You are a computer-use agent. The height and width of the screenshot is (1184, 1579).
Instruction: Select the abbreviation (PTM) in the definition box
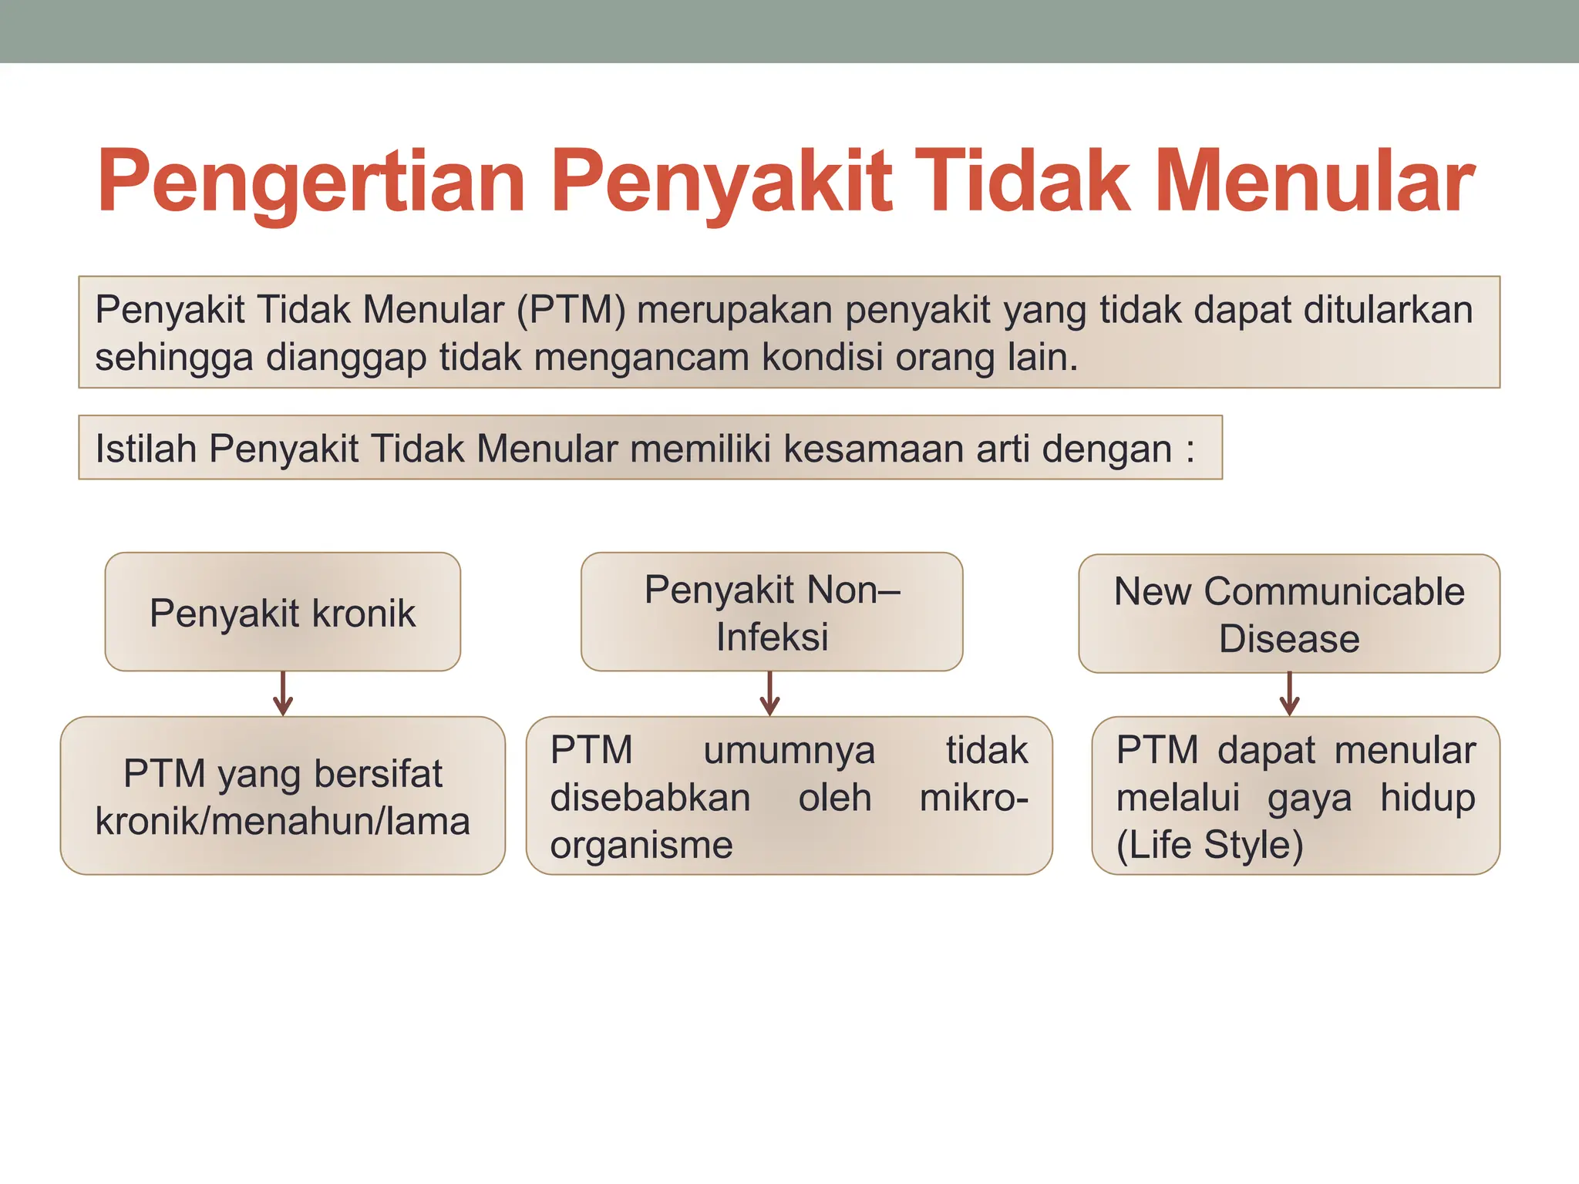coord(571,310)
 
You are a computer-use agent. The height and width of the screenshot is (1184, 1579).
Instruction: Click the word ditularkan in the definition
coord(1388,310)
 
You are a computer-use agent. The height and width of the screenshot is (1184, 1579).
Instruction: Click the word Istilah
coord(145,449)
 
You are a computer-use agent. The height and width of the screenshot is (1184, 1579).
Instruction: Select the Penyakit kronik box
coord(282,612)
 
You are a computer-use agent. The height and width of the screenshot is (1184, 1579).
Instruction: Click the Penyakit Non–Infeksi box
coord(772,612)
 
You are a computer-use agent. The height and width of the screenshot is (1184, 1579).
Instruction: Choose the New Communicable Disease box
coord(1289,614)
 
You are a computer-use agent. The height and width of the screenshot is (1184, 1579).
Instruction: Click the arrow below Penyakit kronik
coord(283,694)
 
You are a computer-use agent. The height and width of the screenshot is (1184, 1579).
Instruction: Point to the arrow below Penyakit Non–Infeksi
coord(769,694)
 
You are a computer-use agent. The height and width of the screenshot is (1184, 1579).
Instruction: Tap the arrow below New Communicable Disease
coord(1289,694)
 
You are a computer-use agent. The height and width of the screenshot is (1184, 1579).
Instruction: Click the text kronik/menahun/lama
coord(282,822)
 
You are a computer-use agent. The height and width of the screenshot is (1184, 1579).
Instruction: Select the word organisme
coord(641,845)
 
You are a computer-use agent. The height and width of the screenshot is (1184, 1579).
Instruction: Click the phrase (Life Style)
coord(1210,845)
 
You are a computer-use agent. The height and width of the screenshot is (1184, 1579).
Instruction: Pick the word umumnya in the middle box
coord(789,750)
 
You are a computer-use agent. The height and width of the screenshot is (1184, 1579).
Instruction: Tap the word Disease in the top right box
coord(1289,639)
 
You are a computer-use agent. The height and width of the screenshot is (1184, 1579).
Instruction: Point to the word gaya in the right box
coord(1309,799)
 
